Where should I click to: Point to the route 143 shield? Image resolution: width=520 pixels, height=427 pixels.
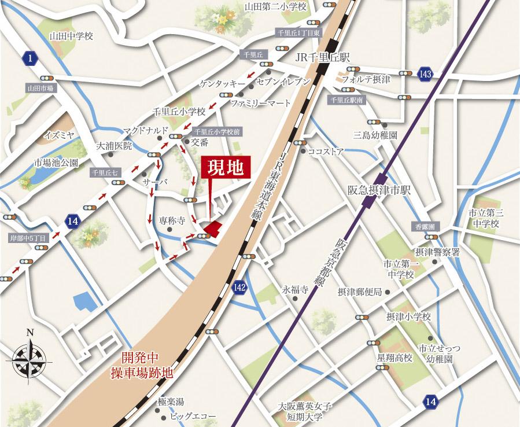pyautogui.click(x=426, y=73)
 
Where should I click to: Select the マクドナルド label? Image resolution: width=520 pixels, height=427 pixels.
pyautogui.click(x=145, y=129)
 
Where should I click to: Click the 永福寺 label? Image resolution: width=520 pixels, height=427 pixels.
pyautogui.click(x=293, y=289)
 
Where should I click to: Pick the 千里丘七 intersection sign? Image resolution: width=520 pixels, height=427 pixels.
pyautogui.click(x=104, y=172)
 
